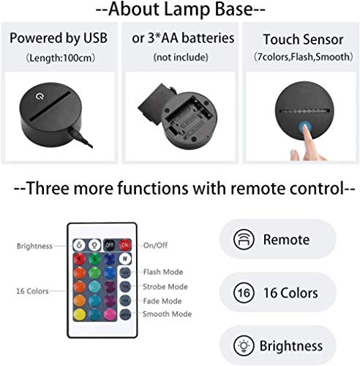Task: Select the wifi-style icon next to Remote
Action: click(x=241, y=239)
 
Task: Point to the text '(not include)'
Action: click(x=179, y=56)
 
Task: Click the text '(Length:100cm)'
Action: click(x=61, y=56)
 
